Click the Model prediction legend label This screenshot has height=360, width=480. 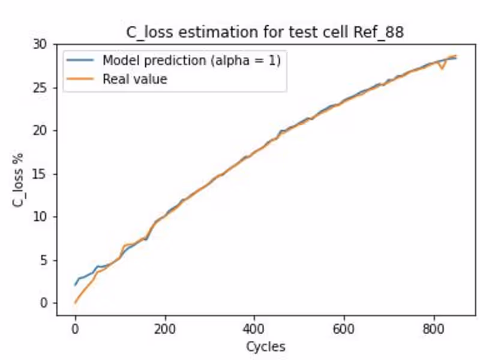point(191,60)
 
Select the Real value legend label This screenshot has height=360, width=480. point(134,79)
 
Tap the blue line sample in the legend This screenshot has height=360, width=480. point(81,60)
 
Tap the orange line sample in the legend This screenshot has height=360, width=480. point(81,79)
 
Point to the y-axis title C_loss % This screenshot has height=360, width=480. point(19,179)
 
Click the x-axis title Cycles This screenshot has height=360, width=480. point(265,346)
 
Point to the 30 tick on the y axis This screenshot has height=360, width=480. point(40,44)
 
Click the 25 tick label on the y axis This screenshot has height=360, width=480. point(40,88)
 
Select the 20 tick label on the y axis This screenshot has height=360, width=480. point(40,131)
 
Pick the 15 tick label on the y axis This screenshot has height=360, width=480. point(40,174)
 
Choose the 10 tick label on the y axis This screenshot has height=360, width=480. point(40,217)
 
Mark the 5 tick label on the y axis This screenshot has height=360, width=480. point(43,260)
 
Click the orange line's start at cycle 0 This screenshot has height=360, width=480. point(75,302)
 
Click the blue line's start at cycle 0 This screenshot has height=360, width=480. point(75,285)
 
